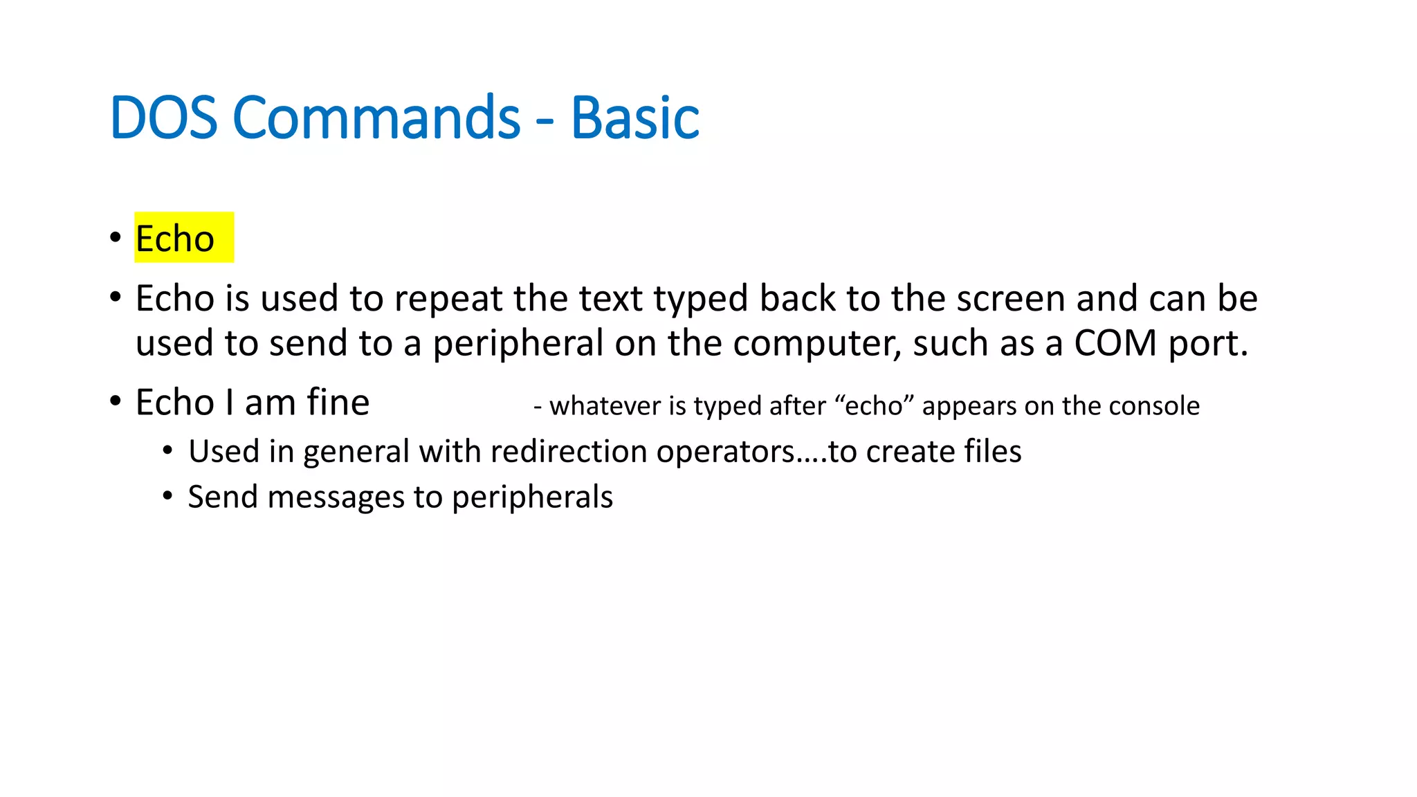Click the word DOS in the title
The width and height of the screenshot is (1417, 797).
point(163,118)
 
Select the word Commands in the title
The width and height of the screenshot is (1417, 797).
point(376,118)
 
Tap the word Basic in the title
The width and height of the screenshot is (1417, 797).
point(634,118)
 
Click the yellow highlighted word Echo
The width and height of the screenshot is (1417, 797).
point(175,239)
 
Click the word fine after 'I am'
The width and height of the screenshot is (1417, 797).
point(338,402)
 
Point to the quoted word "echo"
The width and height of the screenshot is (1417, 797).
point(875,406)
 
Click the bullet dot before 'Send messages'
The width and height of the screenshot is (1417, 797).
point(167,496)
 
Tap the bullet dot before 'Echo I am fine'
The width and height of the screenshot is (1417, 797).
point(116,401)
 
